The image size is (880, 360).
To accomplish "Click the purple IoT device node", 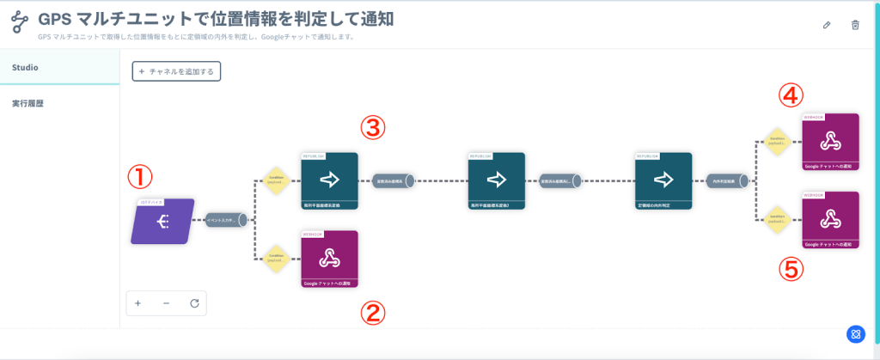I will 163,221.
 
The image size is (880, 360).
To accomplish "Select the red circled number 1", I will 140,177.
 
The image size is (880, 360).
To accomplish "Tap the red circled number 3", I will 372,129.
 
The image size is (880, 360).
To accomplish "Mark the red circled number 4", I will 791,95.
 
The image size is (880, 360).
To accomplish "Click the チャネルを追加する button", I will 176,71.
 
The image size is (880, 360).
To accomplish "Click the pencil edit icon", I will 827,25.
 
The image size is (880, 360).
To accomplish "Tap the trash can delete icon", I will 855,25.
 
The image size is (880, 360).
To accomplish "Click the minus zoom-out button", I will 166,303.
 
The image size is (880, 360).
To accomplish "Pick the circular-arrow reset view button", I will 194,303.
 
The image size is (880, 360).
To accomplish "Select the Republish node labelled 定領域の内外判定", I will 663,181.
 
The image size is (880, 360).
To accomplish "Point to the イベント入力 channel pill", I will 226,221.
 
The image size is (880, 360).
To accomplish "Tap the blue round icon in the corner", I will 855,334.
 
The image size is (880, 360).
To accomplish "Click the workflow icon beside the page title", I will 20,22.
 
